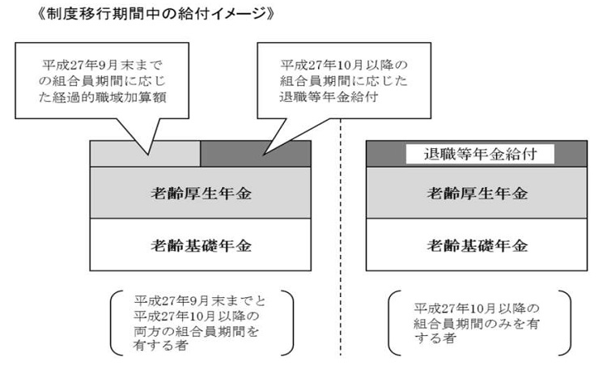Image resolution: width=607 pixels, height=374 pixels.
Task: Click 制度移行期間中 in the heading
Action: pos(104,14)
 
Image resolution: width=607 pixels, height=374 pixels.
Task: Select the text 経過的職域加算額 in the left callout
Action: pos(109,97)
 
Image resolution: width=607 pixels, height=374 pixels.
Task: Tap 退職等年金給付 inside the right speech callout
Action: pos(329,97)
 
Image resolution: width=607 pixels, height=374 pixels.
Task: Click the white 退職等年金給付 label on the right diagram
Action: pos(480,154)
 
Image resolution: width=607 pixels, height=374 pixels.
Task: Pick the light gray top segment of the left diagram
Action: pos(145,154)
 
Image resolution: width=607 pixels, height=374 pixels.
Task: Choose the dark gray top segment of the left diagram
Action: pos(256,154)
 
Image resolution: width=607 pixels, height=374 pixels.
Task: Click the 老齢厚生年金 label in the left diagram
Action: pos(202,193)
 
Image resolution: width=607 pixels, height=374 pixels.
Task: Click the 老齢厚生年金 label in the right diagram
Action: pos(478,193)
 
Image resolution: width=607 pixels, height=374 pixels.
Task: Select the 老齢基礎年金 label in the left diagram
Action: pos(202,245)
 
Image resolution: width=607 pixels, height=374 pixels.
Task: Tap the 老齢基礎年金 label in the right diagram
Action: pos(478,245)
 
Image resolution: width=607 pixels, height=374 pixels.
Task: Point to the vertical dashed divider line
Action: pos(341,237)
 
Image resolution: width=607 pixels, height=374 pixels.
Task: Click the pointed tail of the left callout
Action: pos(148,154)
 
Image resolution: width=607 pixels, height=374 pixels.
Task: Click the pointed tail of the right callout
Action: pos(264,155)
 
